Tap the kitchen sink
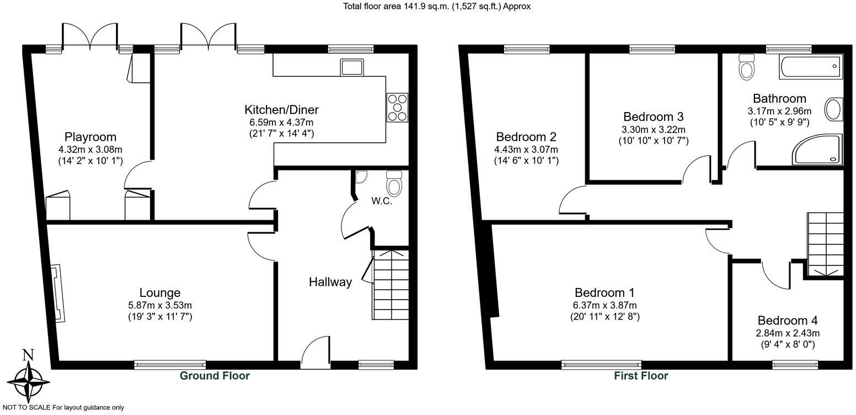click(352, 67)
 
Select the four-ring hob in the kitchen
click(397, 107)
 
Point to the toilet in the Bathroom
click(747, 67)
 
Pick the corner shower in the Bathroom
click(818, 150)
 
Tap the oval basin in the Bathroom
click(833, 109)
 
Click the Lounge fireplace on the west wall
click(57, 292)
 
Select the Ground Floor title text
click(215, 376)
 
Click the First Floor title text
click(641, 376)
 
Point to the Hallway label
click(330, 282)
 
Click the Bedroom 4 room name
click(788, 321)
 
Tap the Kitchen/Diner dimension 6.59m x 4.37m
click(281, 122)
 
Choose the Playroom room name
click(90, 137)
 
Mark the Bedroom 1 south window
click(601, 364)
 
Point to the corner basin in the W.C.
click(362, 176)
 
